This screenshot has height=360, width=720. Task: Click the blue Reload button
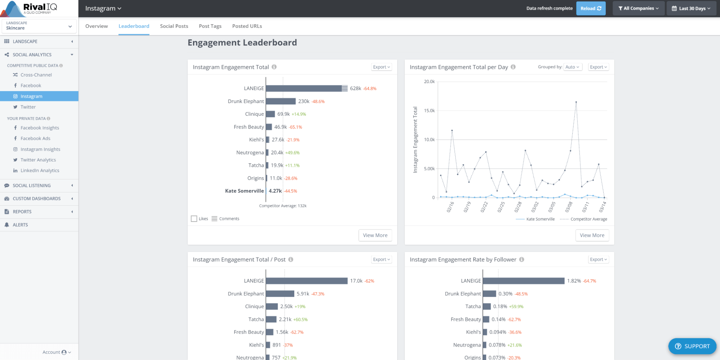pyautogui.click(x=590, y=8)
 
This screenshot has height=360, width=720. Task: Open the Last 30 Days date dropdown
pyautogui.click(x=691, y=8)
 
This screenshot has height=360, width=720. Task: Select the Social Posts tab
pyautogui.click(x=174, y=26)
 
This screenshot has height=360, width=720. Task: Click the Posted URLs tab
pyautogui.click(x=247, y=26)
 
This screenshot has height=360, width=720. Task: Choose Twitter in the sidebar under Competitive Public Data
pyautogui.click(x=28, y=107)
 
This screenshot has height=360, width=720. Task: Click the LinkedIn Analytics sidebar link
pyautogui.click(x=40, y=170)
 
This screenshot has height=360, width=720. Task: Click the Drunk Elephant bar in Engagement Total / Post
pyautogui.click(x=280, y=294)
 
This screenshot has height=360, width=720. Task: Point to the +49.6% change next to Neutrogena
pyautogui.click(x=292, y=153)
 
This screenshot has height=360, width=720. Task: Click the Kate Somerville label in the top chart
pyautogui.click(x=244, y=191)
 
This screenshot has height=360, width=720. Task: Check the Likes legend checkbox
pyautogui.click(x=194, y=219)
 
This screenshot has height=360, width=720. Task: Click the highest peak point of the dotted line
pyautogui.click(x=576, y=102)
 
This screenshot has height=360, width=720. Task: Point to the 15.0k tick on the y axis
pyautogui.click(x=429, y=111)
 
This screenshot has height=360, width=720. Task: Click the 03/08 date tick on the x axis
pyautogui.click(x=568, y=207)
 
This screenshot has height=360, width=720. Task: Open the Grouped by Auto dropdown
pyautogui.click(x=572, y=67)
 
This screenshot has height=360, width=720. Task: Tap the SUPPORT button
pyautogui.click(x=692, y=346)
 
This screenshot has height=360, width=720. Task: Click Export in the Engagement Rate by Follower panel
pyautogui.click(x=598, y=259)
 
